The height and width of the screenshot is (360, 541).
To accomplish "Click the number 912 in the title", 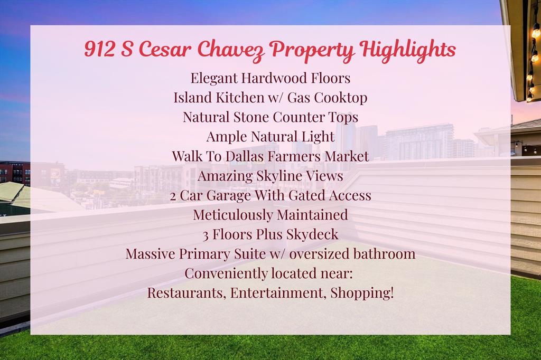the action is (x=99, y=49).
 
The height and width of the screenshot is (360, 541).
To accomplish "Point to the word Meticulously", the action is (x=233, y=215).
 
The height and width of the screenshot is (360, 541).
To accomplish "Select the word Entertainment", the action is (x=278, y=293).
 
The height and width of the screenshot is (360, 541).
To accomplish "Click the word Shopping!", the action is (x=362, y=293).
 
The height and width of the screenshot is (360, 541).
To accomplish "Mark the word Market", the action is (x=347, y=156).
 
